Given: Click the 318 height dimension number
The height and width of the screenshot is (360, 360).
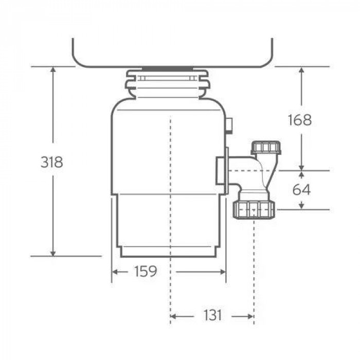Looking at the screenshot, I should coord(51,162).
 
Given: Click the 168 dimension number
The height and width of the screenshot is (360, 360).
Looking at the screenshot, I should coord(300,120).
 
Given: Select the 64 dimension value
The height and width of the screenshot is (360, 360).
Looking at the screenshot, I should coord(301,190).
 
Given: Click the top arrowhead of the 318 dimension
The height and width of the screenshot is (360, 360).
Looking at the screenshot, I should coord(52,70).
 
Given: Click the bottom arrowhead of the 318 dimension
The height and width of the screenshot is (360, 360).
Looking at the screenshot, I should coord(52,253).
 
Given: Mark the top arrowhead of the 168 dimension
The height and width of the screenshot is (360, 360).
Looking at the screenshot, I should coord(302,70).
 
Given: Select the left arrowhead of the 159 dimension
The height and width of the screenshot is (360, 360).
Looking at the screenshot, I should coord(115,272).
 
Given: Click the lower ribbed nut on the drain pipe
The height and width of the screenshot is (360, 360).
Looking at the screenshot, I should coord(254,209).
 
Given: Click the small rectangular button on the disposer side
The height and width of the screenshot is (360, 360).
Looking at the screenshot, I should coord(229,123).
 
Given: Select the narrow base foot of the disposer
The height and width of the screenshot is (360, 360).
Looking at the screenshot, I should coord(169,252).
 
